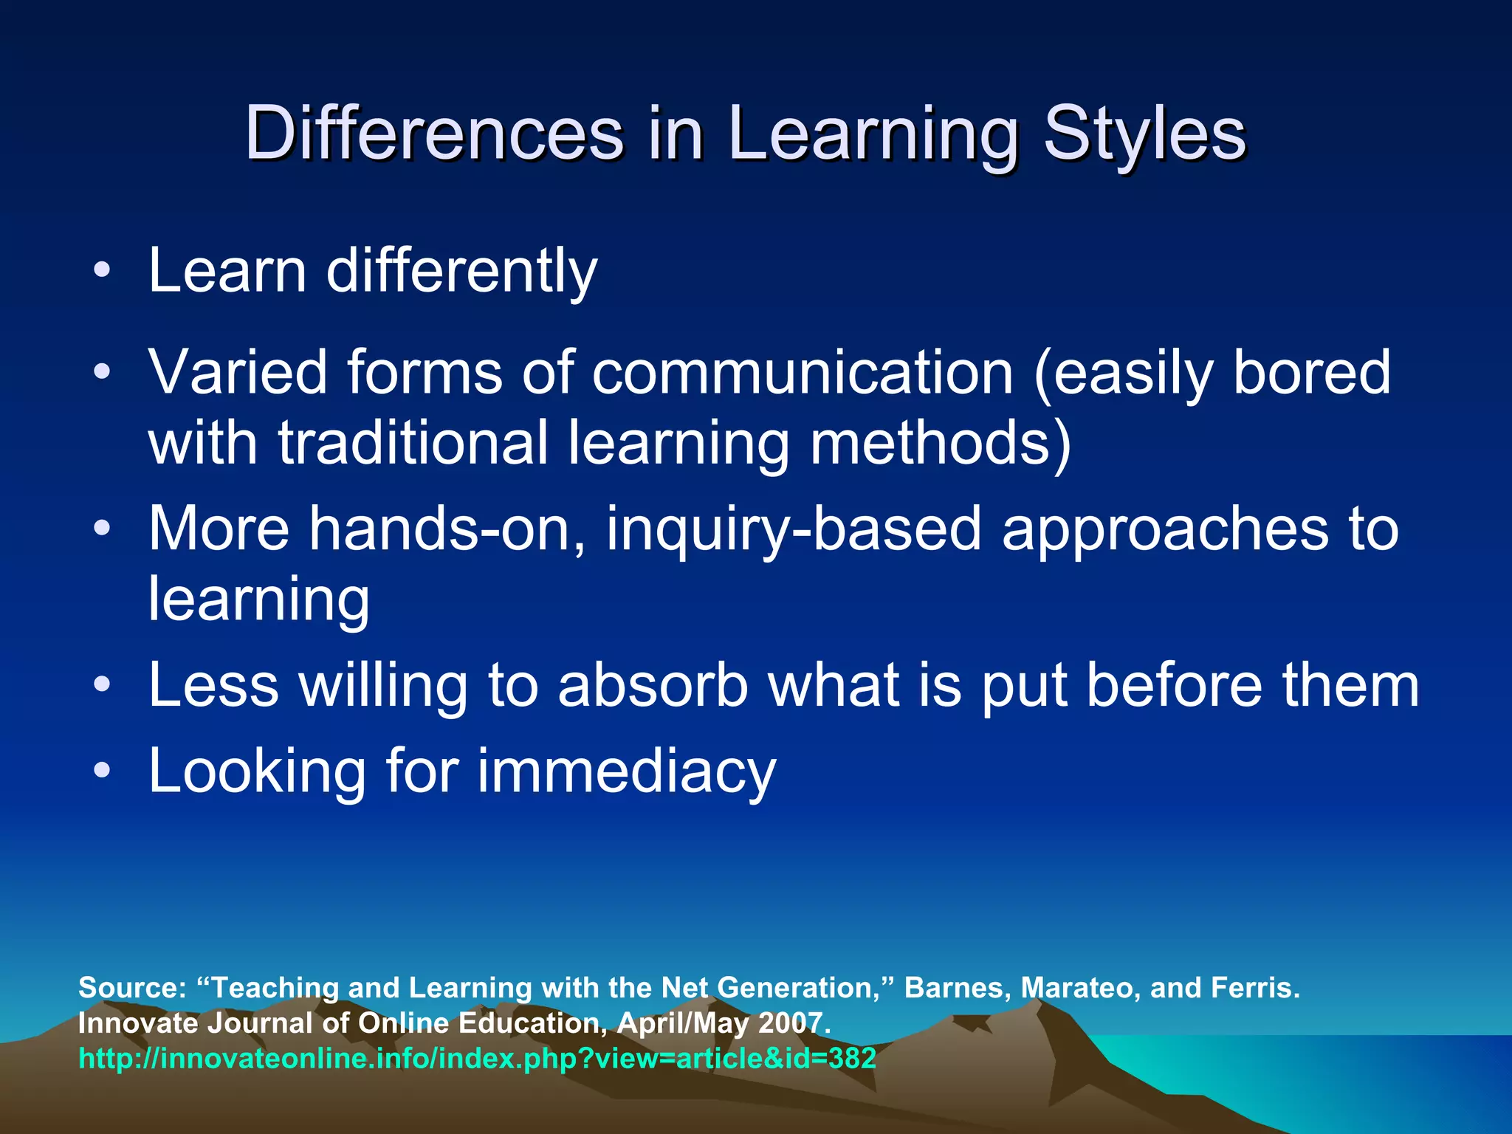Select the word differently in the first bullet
pyautogui.click(x=461, y=270)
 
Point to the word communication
pyautogui.click(x=803, y=372)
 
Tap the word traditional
pyautogui.click(x=413, y=443)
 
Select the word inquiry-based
pyautogui.click(x=794, y=529)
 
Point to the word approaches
pyautogui.click(x=1164, y=529)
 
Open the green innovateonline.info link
pyautogui.click(x=477, y=1059)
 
